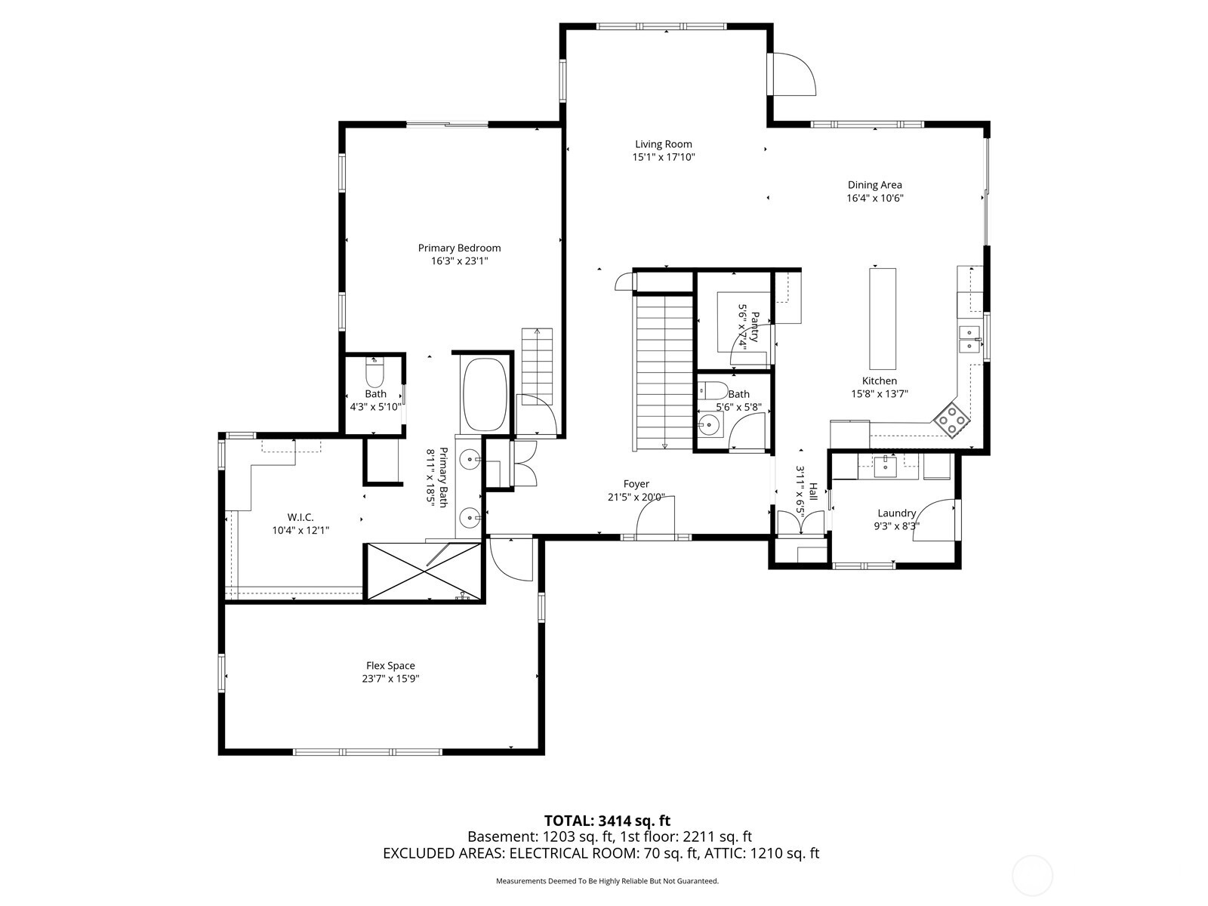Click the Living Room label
click(663, 144)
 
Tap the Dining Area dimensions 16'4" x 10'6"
click(874, 199)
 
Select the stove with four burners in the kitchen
click(951, 421)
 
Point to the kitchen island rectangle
click(882, 319)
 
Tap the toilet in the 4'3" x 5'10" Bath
click(374, 374)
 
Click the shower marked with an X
click(423, 572)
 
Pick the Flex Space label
click(390, 666)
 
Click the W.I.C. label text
click(300, 517)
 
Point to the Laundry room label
click(896, 513)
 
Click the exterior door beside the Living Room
click(793, 74)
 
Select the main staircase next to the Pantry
click(664, 371)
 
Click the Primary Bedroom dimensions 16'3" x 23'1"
click(459, 261)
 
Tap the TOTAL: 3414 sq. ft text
click(607, 821)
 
